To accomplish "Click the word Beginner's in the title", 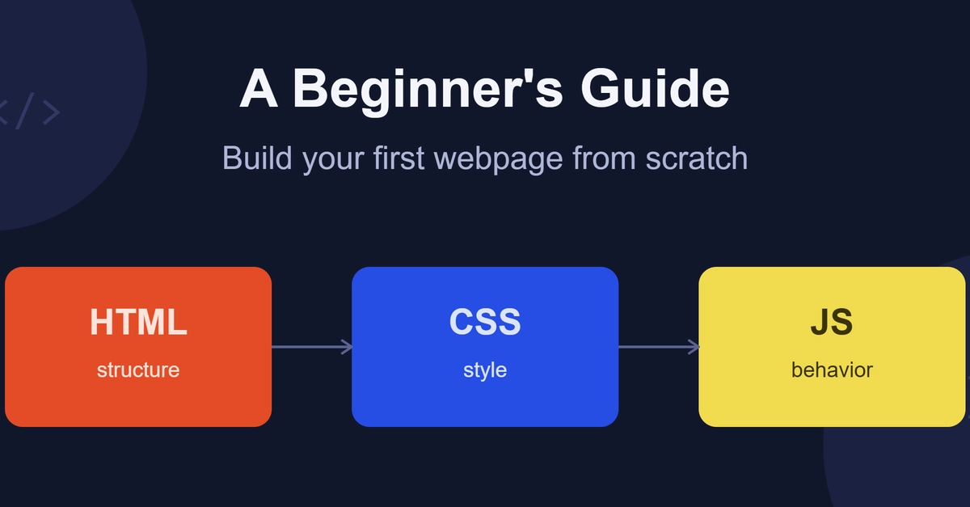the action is [428, 91].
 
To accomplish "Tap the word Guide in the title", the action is [656, 88].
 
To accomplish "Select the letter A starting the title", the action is [259, 88].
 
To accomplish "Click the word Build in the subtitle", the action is [257, 158].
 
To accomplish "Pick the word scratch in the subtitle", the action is [696, 158].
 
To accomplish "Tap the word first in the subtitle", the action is [399, 158].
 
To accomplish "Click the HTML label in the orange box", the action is [138, 322].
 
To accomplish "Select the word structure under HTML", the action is [138, 370].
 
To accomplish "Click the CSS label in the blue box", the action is [485, 322].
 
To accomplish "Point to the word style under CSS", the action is [485, 371].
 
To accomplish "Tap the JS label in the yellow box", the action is [832, 322].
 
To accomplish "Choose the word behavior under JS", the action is [832, 370].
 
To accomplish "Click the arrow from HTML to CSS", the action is [312, 347].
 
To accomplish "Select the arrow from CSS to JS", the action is [659, 347].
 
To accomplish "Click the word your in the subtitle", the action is [333, 160].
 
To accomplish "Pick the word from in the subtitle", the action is [604, 158].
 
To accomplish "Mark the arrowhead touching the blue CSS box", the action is [348, 347].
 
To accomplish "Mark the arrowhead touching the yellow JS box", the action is [694, 347].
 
